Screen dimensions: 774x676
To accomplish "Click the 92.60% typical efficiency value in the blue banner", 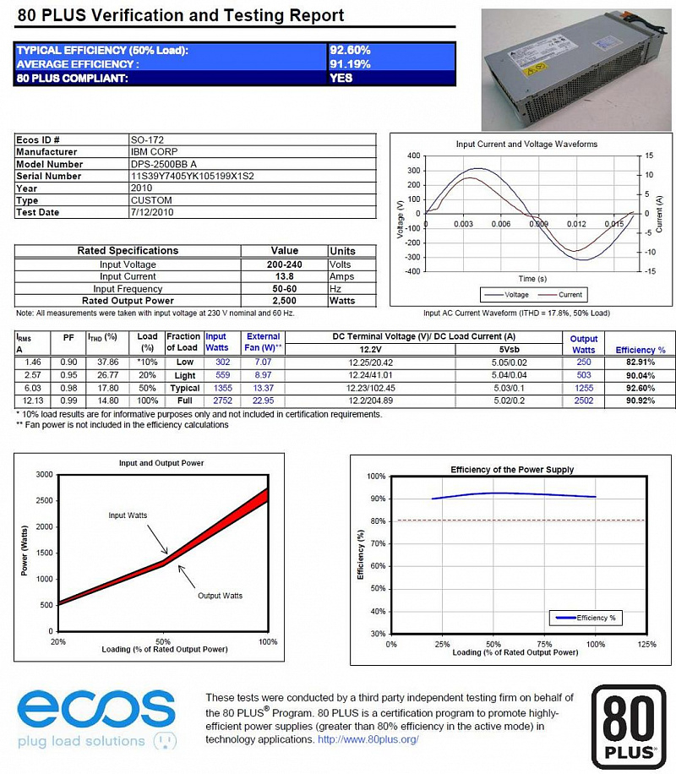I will [x=350, y=51].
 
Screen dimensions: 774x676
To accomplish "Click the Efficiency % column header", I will [x=641, y=350].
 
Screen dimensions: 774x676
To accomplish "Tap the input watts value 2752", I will [x=217, y=400].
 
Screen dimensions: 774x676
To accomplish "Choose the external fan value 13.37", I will [x=263, y=387].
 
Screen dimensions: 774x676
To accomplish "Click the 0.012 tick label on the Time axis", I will [x=576, y=224].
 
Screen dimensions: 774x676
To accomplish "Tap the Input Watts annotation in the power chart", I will [x=128, y=515].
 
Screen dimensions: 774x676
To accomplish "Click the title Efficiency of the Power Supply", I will [x=512, y=469].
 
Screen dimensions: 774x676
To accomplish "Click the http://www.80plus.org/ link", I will [x=368, y=739].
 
